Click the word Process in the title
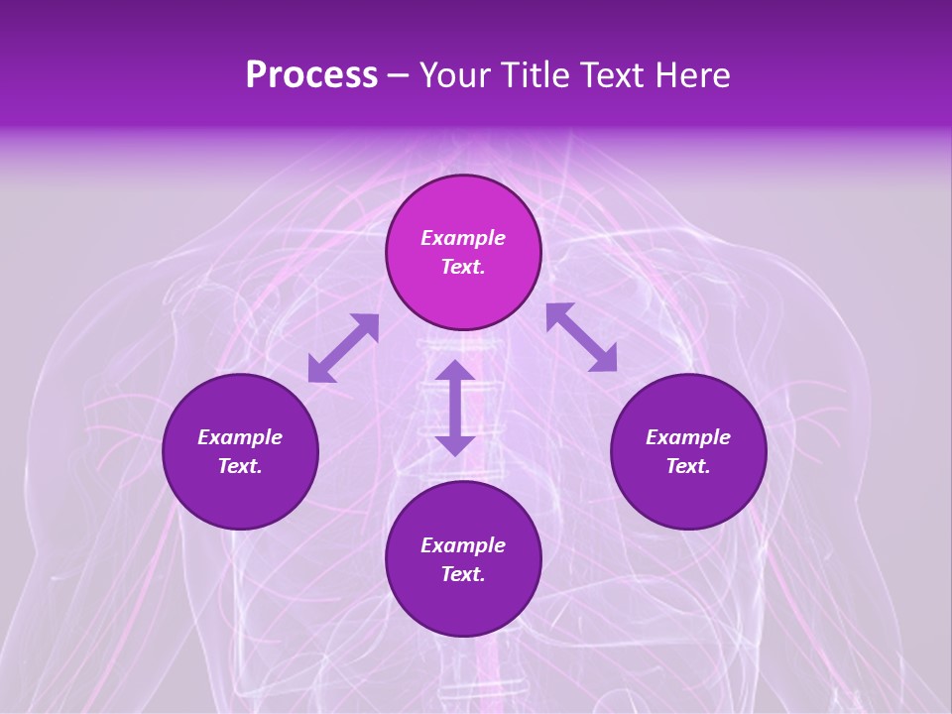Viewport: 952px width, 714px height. pos(311,75)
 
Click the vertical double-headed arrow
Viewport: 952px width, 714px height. pos(455,408)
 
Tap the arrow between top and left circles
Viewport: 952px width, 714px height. pos(343,348)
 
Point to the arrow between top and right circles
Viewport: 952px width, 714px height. pos(581,337)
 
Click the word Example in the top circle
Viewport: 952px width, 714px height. pos(463,238)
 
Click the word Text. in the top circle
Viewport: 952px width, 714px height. pos(463,267)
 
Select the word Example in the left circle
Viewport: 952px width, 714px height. pos(240,437)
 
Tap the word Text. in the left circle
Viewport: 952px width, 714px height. pos(240,466)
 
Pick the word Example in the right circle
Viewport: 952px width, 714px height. pos(688,437)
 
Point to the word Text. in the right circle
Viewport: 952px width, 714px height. pos(688,466)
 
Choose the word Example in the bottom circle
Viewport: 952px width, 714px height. pos(463,545)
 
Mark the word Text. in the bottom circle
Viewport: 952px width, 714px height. pos(463,574)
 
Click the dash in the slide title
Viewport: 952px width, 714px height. pos(399,76)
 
